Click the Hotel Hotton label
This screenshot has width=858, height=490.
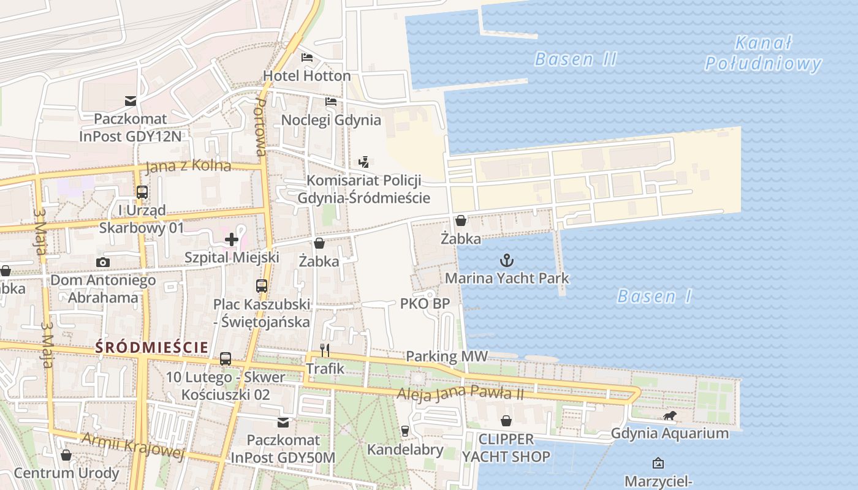coord(306,76)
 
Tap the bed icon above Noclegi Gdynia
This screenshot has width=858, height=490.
coord(331,101)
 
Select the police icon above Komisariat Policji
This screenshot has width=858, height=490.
coord(364,162)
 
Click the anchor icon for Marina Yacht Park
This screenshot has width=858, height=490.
coord(506,260)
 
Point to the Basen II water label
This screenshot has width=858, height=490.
coord(575,59)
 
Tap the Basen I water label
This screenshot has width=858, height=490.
coord(654,297)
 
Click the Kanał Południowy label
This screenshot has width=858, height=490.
coord(763,54)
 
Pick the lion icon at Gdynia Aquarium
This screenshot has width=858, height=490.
coord(669,417)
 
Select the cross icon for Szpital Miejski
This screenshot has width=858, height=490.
coord(232,239)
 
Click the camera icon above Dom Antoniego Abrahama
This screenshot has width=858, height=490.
coord(103,263)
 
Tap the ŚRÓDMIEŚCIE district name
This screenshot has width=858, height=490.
coord(151,347)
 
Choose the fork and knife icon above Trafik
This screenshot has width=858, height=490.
coord(325,350)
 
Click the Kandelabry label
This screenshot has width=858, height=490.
coord(404,450)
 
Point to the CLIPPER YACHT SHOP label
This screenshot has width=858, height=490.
coord(506,448)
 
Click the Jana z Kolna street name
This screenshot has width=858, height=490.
coord(188,166)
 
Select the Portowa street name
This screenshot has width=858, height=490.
coord(260,127)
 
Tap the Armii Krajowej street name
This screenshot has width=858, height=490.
coord(133,446)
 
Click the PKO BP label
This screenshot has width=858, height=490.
coord(425,303)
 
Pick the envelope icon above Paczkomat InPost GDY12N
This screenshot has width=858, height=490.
coord(131,101)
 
